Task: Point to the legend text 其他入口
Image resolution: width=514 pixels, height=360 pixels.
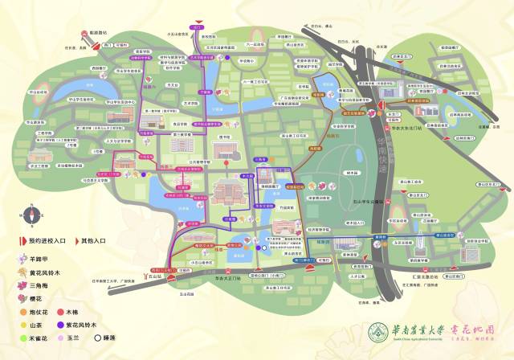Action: coord(93,240)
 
